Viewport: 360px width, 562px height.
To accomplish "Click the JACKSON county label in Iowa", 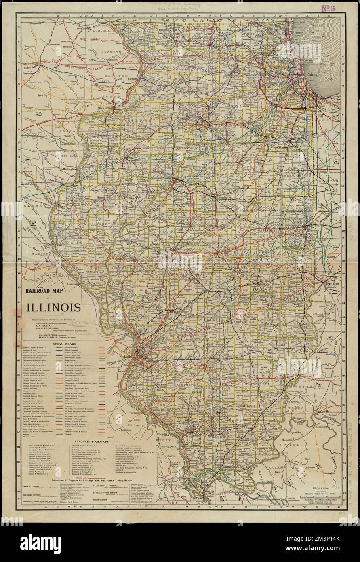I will (112, 52).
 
